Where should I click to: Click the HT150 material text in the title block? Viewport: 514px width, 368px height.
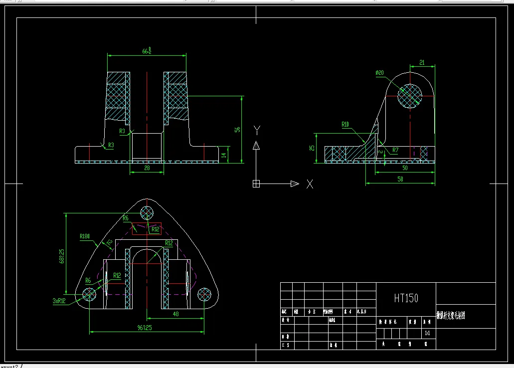coord(406,298)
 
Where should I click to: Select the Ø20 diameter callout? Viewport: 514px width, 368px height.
coord(380,73)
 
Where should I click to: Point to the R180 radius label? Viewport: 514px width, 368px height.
coord(85,236)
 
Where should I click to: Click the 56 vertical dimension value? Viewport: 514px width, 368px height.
coord(237,129)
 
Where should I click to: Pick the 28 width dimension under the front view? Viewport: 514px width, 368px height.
coord(147,169)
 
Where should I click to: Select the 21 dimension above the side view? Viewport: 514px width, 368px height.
coord(422,62)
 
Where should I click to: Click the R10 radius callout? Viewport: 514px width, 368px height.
coord(345,124)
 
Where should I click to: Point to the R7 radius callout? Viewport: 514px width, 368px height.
coord(395,150)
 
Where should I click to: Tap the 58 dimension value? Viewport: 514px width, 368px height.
coord(400,179)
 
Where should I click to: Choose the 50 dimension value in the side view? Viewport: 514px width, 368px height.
coord(404,169)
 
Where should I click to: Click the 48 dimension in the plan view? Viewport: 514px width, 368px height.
coord(175,314)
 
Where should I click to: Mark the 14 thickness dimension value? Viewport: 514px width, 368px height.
coord(224,155)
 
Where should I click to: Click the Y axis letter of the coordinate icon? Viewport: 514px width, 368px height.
coord(256,130)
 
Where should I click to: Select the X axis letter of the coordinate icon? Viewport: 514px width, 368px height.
coord(310,184)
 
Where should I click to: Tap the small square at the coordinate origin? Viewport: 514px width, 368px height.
coord(256,184)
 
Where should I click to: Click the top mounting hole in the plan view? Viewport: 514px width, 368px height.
coord(147,213)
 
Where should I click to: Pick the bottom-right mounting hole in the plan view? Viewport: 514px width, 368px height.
coord(204,294)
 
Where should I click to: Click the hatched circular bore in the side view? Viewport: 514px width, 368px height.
coord(410,95)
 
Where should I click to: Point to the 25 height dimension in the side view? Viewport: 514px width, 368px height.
coord(313,148)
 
